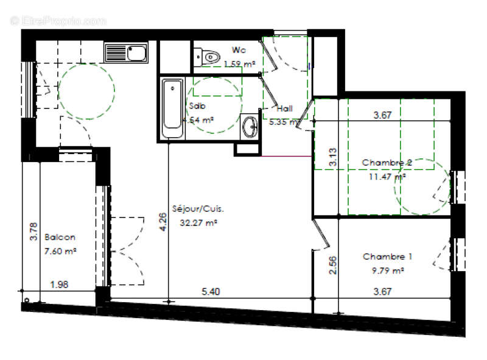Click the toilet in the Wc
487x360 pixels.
(x=209, y=57)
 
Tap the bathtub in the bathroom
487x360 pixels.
(x=172, y=109)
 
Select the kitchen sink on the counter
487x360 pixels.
(x=126, y=53)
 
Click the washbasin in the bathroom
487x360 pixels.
(x=250, y=126)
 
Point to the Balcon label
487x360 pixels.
(x=60, y=238)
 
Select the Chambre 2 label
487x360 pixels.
(x=387, y=163)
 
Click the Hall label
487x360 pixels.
(x=284, y=109)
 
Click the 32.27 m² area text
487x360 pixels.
(x=199, y=223)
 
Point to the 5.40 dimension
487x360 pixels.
(x=211, y=292)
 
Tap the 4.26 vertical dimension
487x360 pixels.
(x=162, y=222)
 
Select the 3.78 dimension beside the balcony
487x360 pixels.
(x=34, y=232)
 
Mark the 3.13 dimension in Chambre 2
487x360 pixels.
(x=333, y=158)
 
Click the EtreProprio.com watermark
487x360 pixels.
(x=58, y=21)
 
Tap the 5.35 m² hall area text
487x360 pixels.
(x=284, y=121)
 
